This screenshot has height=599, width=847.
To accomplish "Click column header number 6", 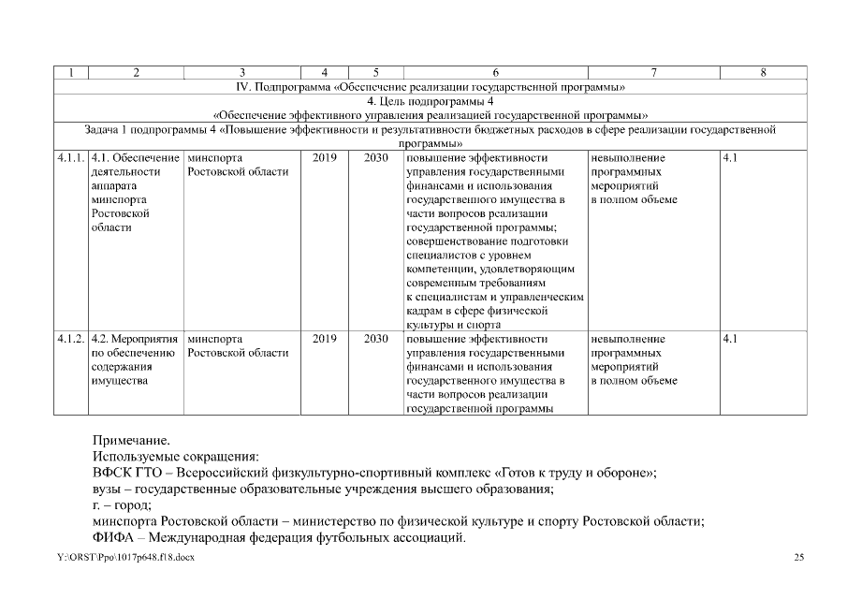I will click(495, 72).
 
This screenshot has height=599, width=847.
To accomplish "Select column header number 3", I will click(242, 72).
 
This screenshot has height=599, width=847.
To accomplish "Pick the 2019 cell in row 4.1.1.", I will click(324, 158).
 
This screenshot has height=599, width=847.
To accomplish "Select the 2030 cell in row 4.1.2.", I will click(375, 339).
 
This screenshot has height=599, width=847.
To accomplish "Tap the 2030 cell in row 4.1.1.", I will click(375, 158).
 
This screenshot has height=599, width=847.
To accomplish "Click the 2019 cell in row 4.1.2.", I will click(324, 339).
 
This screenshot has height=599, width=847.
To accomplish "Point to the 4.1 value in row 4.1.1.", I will click(731, 158).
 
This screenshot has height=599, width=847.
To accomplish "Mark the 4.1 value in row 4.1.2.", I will click(731, 339).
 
